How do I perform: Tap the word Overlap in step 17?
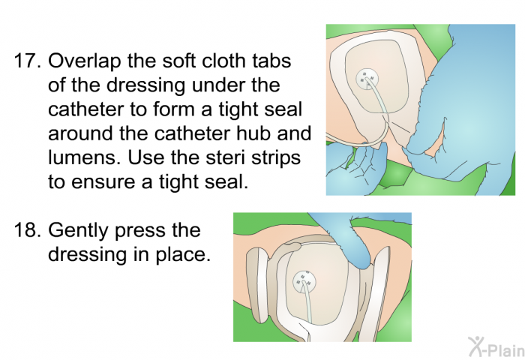coord(82,61)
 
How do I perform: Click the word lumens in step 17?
coord(78,160)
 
